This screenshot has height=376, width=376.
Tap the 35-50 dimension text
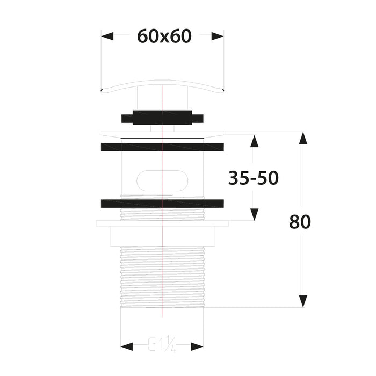(x=253, y=178)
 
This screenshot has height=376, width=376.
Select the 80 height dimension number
(x=300, y=221)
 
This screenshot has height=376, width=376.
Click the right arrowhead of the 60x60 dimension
(x=217, y=37)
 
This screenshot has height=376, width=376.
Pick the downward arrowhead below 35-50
(x=254, y=214)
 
